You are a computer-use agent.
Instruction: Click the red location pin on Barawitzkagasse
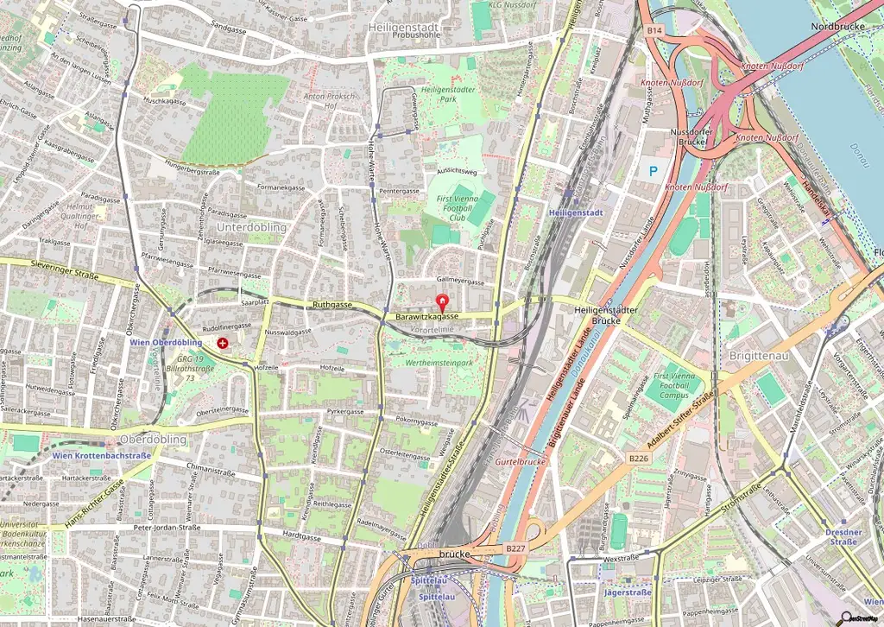444,303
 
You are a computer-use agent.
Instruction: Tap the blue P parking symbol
654,171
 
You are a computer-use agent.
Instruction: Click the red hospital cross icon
223,343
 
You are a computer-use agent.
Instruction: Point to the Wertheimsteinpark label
439,364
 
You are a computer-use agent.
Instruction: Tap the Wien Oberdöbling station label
166,343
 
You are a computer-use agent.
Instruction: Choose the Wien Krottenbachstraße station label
102,455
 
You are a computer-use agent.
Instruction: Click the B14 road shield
654,30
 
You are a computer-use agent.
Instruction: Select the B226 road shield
638,458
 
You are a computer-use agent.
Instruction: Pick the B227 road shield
515,548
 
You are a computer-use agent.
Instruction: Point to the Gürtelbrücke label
521,462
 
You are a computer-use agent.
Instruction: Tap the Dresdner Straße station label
843,536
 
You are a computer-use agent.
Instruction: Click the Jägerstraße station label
628,592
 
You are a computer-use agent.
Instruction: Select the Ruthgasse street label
332,305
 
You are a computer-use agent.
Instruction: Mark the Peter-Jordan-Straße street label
167,527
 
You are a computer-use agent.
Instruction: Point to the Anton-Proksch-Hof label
329,101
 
